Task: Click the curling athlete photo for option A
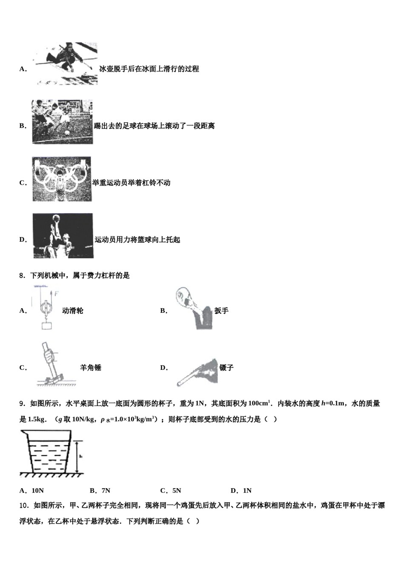click(66, 63)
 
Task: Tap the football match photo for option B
click(62, 122)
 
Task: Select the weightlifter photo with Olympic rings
click(61, 179)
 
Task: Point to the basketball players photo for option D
click(63, 236)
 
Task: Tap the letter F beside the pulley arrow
click(56, 294)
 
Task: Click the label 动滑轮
click(72, 311)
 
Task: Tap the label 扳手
click(221, 311)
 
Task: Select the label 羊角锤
click(91, 368)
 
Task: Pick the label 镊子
click(226, 368)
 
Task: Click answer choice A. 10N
click(32, 490)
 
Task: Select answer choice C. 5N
click(171, 490)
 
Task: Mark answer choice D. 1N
click(241, 490)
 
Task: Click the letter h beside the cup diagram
click(80, 456)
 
